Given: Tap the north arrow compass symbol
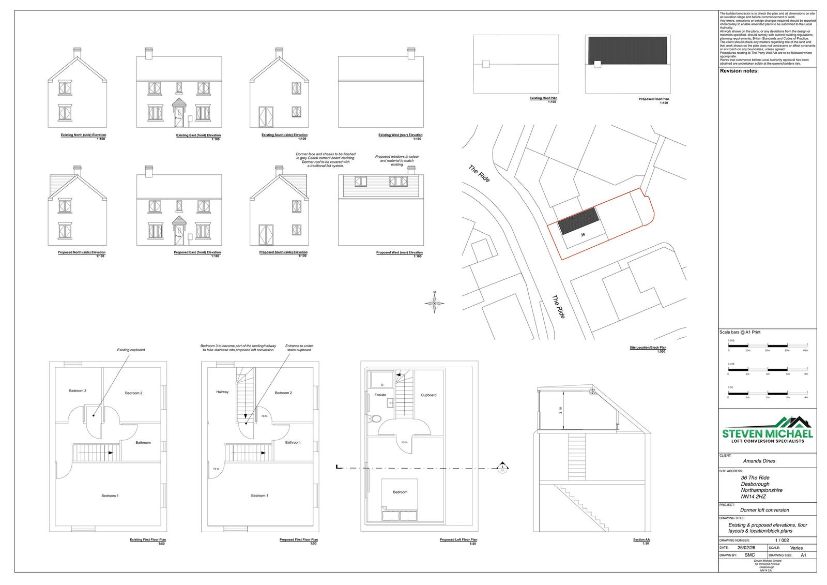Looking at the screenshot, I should [x=435, y=304].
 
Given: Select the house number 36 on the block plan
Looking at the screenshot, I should [x=583, y=234].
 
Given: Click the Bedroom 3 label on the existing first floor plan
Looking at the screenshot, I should [x=78, y=391].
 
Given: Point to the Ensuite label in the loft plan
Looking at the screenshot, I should [x=380, y=395].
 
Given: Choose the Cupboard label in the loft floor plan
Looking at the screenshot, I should [x=428, y=395].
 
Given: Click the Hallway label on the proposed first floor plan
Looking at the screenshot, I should [x=222, y=392].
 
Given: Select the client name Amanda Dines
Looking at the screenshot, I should [x=759, y=461].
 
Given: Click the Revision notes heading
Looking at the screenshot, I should [x=739, y=71].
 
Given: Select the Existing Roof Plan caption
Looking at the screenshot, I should [x=543, y=98].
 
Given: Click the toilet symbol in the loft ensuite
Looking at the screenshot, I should [x=376, y=418].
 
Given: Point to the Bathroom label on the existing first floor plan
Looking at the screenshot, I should [x=143, y=442].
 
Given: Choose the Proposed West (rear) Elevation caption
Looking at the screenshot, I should [x=399, y=252].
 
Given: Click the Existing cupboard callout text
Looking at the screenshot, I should [x=131, y=350].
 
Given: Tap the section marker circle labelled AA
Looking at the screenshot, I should [x=501, y=468].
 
